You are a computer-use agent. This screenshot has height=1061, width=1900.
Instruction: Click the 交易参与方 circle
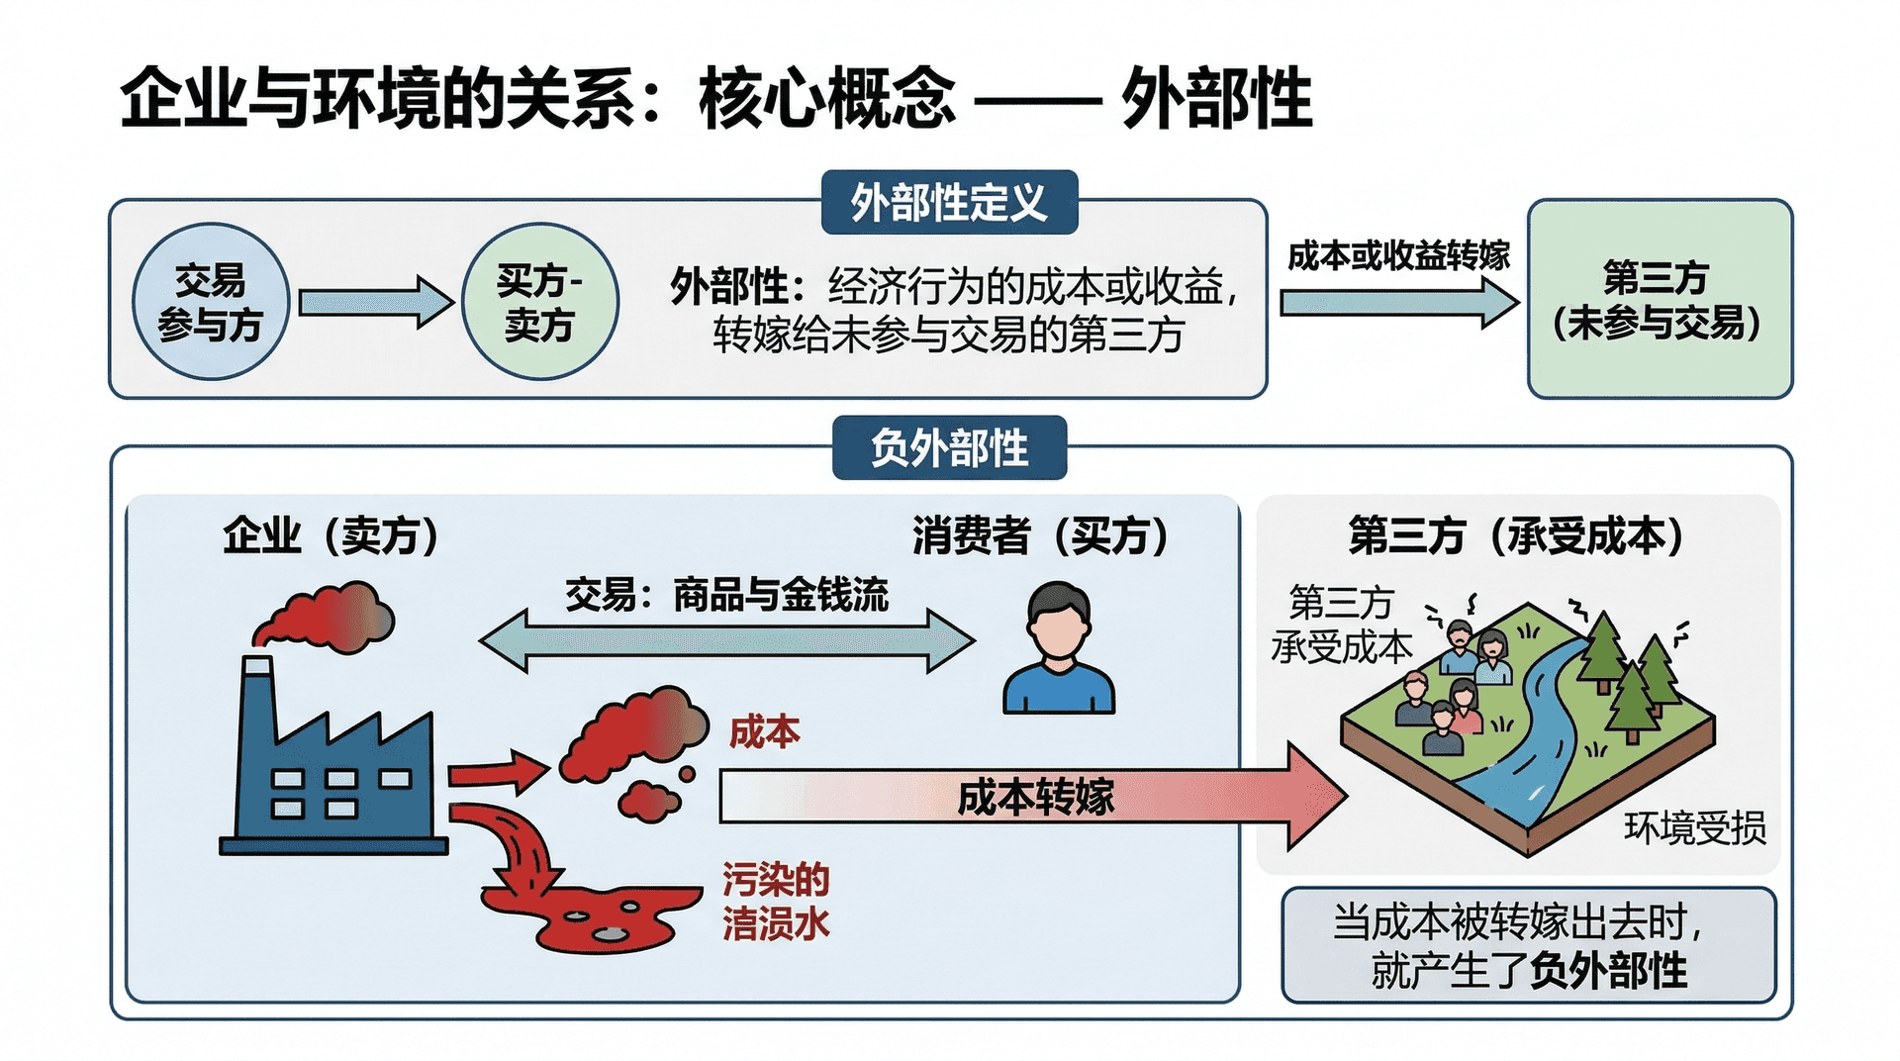211,302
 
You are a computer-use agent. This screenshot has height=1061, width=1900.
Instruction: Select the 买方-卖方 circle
540,302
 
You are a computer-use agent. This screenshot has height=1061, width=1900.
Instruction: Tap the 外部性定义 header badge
949,203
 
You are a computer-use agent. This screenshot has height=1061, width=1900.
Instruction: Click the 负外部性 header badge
949,448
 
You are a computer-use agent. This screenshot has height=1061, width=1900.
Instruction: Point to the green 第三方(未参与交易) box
1660,300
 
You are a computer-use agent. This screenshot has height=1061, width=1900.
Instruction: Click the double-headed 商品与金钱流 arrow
727,641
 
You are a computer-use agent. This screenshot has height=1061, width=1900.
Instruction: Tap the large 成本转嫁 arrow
1029,797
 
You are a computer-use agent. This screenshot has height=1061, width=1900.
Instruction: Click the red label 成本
764,732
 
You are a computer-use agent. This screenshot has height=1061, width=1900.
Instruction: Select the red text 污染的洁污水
775,901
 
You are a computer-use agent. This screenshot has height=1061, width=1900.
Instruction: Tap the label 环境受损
1694,827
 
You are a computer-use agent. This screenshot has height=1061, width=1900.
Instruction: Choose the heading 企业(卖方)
331,536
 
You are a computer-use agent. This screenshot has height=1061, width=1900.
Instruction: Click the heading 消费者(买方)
1040,536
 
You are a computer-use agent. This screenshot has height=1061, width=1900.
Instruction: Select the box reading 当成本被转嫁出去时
1528,945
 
